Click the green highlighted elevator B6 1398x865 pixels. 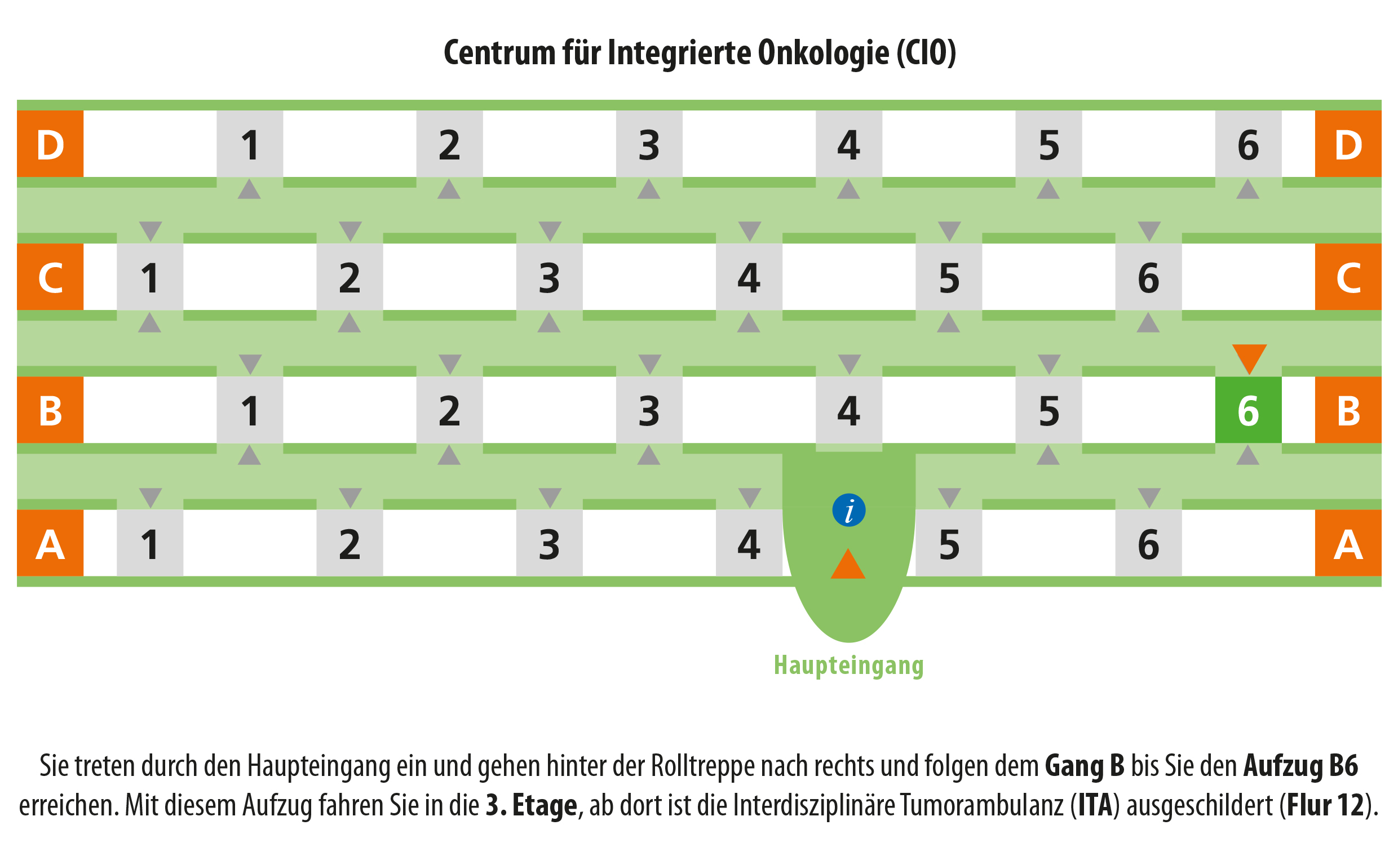1248,410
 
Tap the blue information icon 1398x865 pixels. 848,510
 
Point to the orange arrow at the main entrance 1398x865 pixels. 848,564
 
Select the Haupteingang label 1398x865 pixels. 848,666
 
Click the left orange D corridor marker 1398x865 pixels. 50,144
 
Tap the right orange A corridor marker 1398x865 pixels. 1348,543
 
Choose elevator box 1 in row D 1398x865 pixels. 250,144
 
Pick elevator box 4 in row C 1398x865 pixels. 749,277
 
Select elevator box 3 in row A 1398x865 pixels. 550,543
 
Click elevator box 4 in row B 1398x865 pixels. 848,410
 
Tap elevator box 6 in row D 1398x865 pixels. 1248,144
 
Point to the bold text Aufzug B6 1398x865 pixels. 1300,765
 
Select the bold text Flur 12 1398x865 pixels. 1325,805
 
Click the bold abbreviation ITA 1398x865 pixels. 1095,805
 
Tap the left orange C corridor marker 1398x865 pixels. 50,277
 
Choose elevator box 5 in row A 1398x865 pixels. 949,543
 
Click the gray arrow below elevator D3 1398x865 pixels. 649,189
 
